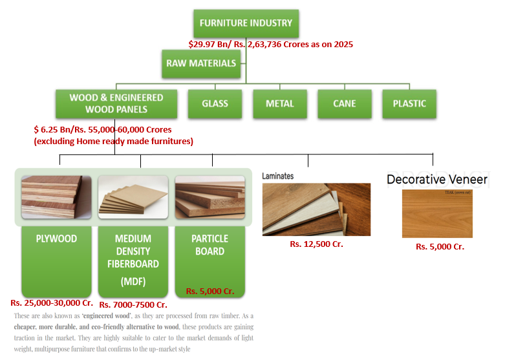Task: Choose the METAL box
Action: click(x=279, y=103)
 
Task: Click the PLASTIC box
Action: click(x=409, y=103)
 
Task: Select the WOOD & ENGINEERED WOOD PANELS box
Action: click(x=116, y=103)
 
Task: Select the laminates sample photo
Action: click(x=316, y=209)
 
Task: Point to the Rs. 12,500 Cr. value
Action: click(x=316, y=244)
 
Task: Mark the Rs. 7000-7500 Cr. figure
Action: click(x=133, y=304)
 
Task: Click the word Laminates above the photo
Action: click(x=278, y=175)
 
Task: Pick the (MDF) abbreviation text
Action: click(x=133, y=282)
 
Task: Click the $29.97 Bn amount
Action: click(x=206, y=45)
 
